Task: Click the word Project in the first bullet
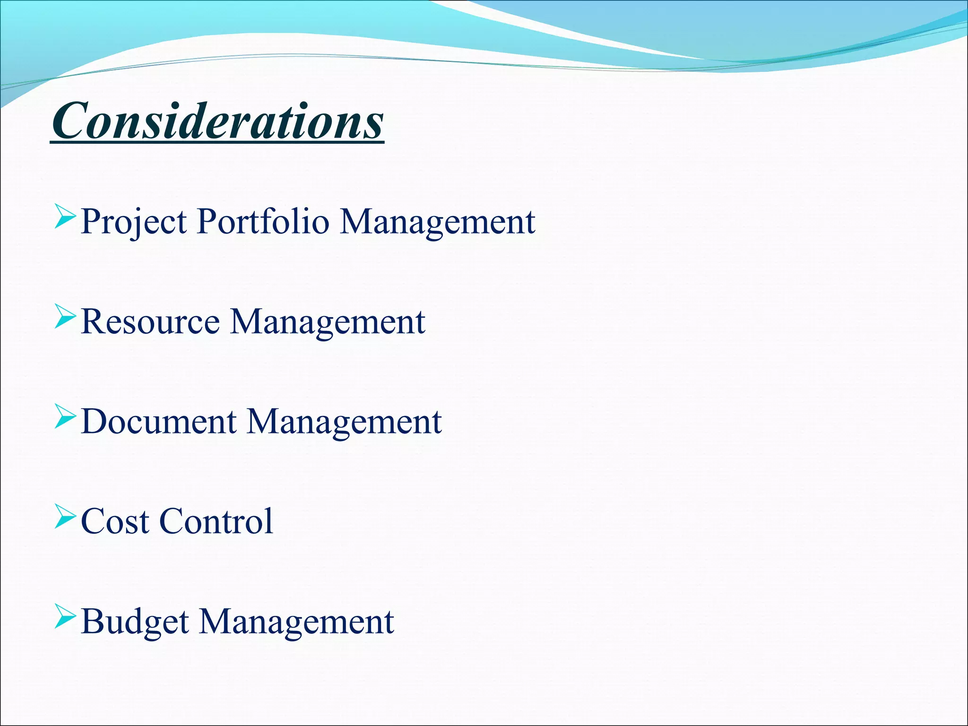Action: point(134,221)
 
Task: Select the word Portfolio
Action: point(263,221)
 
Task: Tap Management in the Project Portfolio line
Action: point(438,221)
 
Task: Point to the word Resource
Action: point(150,321)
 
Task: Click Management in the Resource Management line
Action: point(328,321)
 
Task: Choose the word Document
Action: point(159,421)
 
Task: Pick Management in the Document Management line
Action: point(345,421)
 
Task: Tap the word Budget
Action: point(135,621)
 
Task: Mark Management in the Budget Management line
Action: point(296,621)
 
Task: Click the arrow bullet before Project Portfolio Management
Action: point(65,216)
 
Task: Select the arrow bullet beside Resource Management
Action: point(65,316)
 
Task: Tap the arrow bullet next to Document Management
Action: point(65,416)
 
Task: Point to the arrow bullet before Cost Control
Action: point(65,516)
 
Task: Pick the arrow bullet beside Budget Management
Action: point(65,616)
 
